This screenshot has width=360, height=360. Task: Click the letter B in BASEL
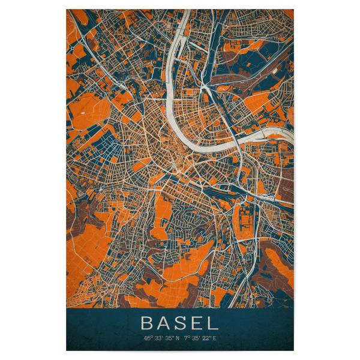147,323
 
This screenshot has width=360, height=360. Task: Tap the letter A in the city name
164,323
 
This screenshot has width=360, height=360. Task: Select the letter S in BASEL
181,323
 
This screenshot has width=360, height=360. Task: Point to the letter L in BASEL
212,323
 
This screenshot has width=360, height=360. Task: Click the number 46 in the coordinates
148,338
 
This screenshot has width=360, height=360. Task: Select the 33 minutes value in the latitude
158,338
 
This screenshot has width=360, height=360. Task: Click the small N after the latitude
178,338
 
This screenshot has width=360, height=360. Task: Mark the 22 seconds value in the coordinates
206,338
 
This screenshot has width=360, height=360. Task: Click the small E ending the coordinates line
215,338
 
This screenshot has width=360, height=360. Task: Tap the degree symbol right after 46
152,337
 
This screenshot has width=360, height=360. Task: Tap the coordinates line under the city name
180,338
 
